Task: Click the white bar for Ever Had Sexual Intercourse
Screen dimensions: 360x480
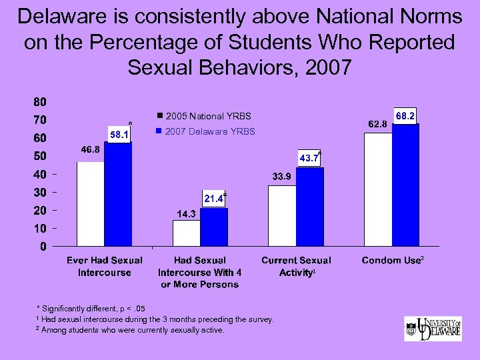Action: pyautogui.click(x=91, y=204)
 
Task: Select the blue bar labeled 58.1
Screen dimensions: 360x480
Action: pyautogui.click(x=119, y=194)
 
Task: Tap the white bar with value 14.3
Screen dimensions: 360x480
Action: pyautogui.click(x=187, y=233)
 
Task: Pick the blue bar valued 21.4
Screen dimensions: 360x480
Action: pyautogui.click(x=214, y=227)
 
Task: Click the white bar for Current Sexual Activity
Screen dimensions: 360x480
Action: pyautogui.click(x=282, y=215)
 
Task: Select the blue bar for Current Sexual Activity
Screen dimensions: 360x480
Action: pyautogui.click(x=310, y=207)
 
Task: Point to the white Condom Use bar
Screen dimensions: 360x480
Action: pyautogui.click(x=378, y=189)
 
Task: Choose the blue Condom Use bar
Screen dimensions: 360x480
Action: pyautogui.click(x=406, y=185)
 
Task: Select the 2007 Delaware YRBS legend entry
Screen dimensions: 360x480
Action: pyautogui.click(x=206, y=131)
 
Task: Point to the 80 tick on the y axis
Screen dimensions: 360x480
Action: pyautogui.click(x=40, y=103)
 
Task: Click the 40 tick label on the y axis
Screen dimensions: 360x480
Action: pyautogui.click(x=40, y=175)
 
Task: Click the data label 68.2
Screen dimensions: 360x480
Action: pyautogui.click(x=406, y=116)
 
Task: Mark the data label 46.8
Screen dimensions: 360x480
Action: pyautogui.click(x=91, y=150)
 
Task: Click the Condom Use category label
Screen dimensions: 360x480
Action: pyautogui.click(x=392, y=261)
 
